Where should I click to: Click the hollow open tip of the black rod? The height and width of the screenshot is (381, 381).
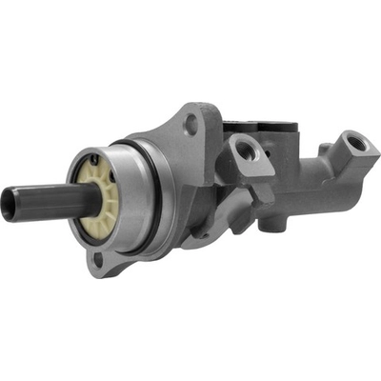pos(8,206)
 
